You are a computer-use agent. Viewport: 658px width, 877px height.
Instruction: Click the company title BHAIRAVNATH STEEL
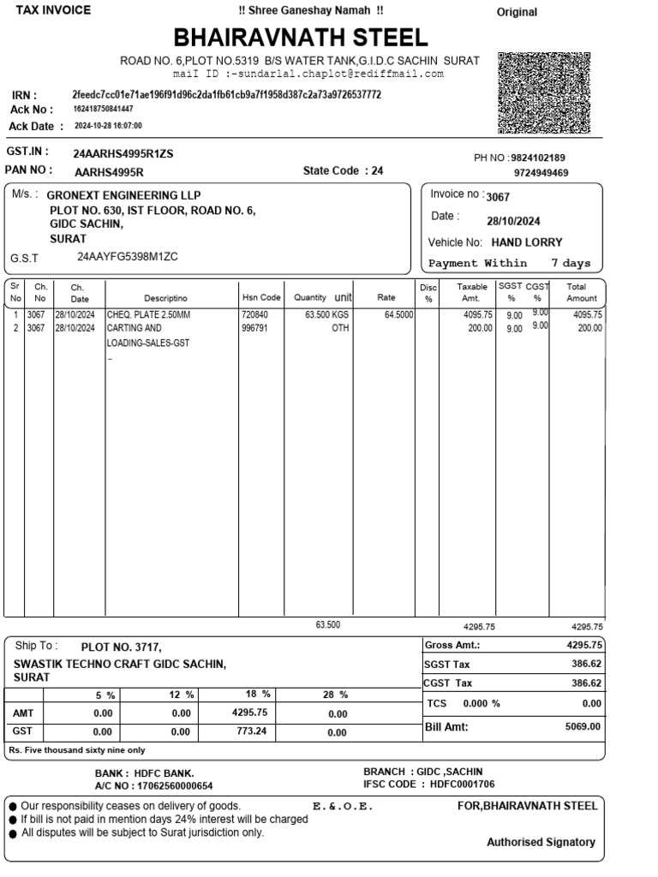click(301, 38)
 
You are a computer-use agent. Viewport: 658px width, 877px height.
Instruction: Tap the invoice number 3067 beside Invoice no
click(498, 197)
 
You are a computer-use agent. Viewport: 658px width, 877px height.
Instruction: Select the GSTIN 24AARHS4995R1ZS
click(123, 153)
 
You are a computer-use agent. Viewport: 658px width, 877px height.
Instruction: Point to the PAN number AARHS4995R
click(109, 170)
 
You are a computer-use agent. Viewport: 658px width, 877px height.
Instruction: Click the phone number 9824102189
click(538, 158)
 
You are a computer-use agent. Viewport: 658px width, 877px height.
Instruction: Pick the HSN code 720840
click(254, 315)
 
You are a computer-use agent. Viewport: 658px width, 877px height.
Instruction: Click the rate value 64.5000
click(398, 315)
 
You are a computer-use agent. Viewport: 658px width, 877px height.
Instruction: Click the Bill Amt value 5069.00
click(583, 726)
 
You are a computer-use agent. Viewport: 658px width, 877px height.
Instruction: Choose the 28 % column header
click(336, 695)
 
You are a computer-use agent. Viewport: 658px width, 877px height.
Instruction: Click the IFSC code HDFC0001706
click(462, 785)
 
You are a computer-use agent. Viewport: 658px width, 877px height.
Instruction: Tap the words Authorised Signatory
click(541, 842)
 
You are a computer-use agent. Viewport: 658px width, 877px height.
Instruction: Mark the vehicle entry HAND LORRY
click(527, 242)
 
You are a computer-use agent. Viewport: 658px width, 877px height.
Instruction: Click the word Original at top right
click(517, 12)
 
